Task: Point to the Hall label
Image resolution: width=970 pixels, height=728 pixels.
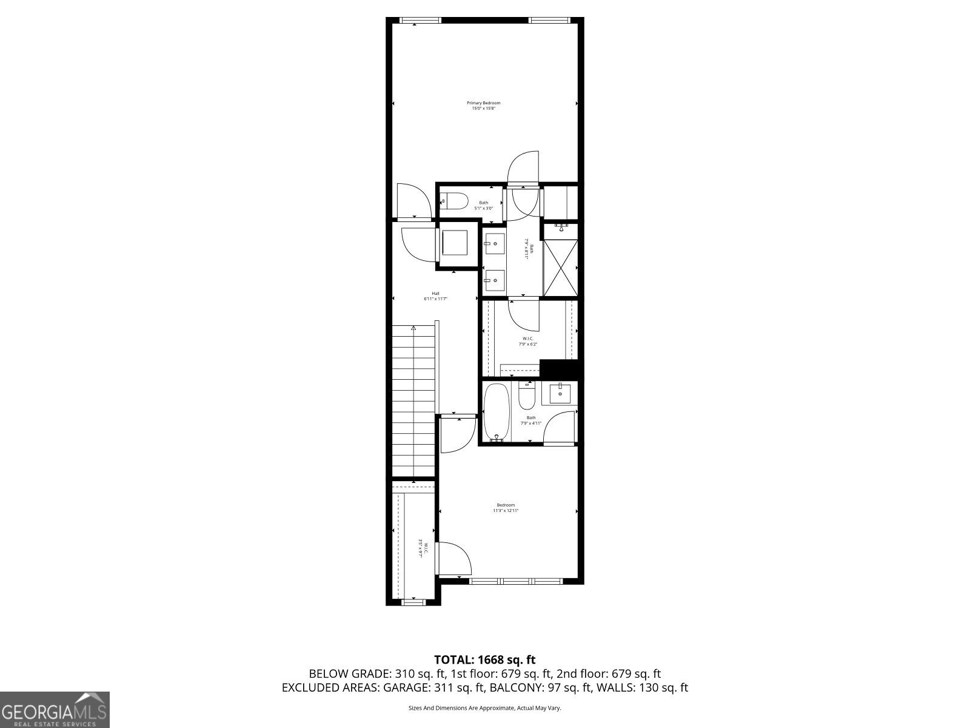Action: pos(435,296)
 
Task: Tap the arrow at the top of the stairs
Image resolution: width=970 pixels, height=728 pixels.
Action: pos(413,328)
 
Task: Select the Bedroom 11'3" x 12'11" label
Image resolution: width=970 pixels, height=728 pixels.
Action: pos(506,508)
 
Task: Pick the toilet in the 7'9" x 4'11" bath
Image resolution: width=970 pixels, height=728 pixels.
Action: pos(526,396)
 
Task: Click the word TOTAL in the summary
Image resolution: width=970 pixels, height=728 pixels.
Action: pos(454,659)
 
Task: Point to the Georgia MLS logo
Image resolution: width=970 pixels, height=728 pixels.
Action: pos(55,709)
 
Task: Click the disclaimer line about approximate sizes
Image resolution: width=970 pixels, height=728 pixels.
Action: pos(485,708)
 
